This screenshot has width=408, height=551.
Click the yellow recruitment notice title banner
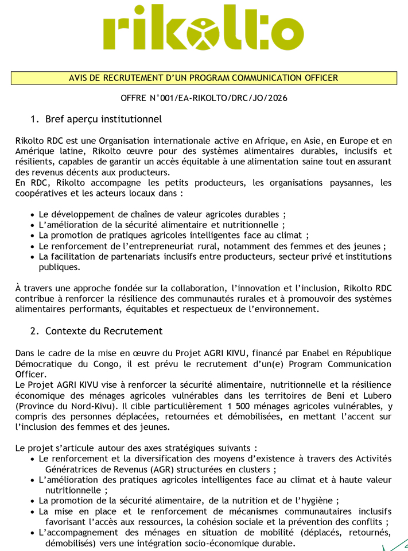coord(204,78)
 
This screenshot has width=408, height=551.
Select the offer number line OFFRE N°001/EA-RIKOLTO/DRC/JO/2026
coord(204,98)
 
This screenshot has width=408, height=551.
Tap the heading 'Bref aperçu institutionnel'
coord(103,120)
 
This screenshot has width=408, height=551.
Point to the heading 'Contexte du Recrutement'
coord(104,331)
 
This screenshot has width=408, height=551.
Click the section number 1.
coord(34,120)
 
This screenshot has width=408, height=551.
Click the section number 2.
coord(34,331)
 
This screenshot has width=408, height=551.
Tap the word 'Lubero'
coord(376,395)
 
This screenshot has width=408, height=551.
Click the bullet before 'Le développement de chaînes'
coord(33,214)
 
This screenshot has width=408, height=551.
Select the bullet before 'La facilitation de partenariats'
coord(33,257)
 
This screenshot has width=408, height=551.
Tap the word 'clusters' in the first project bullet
coord(252,469)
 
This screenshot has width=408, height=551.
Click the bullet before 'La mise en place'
coord(33,511)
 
